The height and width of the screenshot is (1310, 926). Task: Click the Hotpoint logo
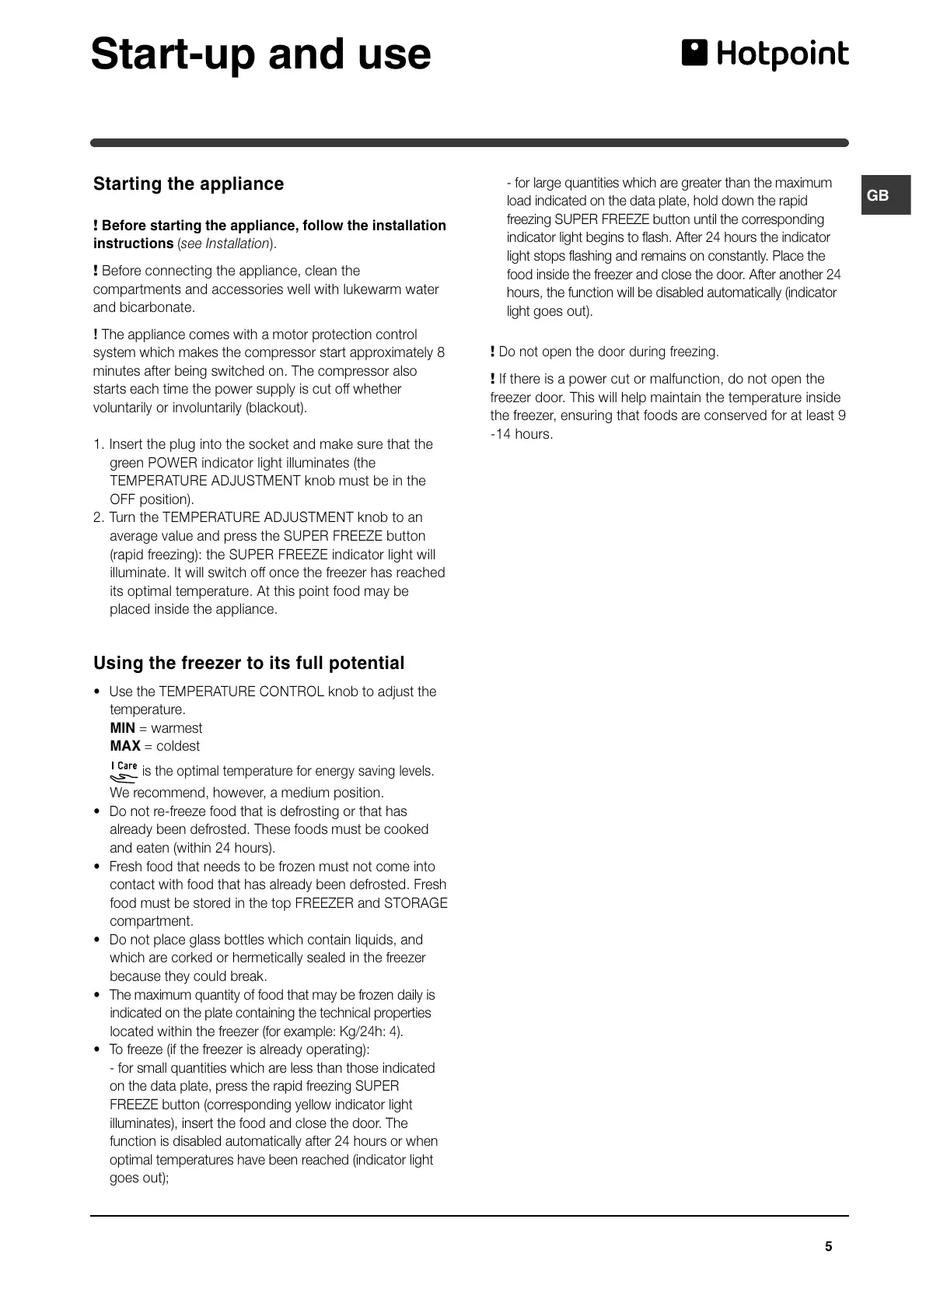pyautogui.click(x=765, y=54)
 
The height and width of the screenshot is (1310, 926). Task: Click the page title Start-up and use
pyautogui.click(x=260, y=54)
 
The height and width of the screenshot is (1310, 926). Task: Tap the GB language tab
pyautogui.click(x=878, y=195)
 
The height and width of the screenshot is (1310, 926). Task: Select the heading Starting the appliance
pyautogui.click(x=188, y=184)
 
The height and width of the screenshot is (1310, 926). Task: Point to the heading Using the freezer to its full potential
pyautogui.click(x=249, y=663)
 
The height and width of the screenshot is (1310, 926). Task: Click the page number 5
pyautogui.click(x=828, y=1246)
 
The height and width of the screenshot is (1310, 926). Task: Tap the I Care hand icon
pyautogui.click(x=124, y=771)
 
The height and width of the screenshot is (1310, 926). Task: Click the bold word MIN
pyautogui.click(x=123, y=728)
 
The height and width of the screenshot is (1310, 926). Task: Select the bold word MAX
pyautogui.click(x=125, y=746)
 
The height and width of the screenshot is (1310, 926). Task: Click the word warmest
pyautogui.click(x=176, y=728)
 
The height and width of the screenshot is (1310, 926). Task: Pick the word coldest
pyautogui.click(x=178, y=746)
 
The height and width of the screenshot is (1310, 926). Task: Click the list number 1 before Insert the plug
pyautogui.click(x=98, y=444)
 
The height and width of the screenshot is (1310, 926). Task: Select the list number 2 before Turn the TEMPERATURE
pyautogui.click(x=98, y=517)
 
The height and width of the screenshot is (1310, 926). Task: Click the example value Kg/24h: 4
pyautogui.click(x=369, y=1032)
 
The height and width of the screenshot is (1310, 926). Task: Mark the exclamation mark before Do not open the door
pyautogui.click(x=493, y=352)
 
